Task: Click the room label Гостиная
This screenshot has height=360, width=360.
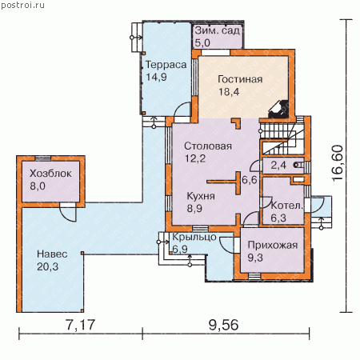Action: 240,79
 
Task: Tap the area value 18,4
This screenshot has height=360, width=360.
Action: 229,92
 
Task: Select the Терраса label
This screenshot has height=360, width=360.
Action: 166,65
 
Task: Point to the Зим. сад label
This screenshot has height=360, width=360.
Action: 218,30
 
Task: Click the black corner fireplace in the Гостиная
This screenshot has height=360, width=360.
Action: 278,110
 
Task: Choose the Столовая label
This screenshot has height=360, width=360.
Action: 208,146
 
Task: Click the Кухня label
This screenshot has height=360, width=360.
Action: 201,196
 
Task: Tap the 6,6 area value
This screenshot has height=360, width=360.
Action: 250,180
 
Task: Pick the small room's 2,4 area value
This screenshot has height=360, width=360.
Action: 278,166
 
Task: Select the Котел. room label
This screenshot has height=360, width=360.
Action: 287,206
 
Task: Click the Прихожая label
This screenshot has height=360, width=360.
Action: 273,245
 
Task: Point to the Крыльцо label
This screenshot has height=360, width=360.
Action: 194,237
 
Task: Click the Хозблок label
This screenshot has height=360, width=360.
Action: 50,174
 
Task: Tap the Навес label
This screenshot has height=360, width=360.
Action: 52,254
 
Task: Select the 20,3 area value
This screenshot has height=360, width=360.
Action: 47,266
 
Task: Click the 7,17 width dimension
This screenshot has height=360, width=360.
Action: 80,325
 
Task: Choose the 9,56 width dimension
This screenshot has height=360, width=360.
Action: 223,325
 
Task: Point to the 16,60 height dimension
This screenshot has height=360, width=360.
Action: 337,163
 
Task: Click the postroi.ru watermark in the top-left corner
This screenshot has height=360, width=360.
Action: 23,5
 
